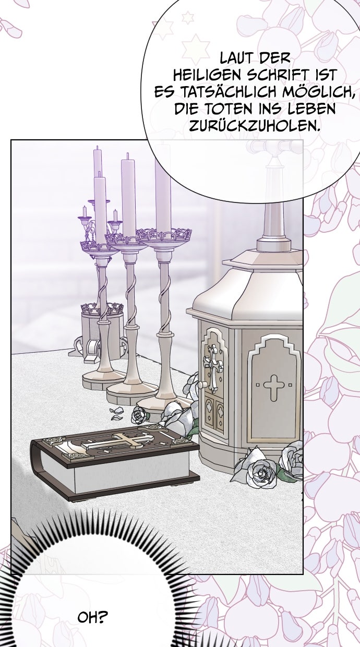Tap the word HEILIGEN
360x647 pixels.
point(207,75)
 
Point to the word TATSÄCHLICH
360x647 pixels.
point(229,92)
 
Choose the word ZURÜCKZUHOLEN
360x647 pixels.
point(254,126)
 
